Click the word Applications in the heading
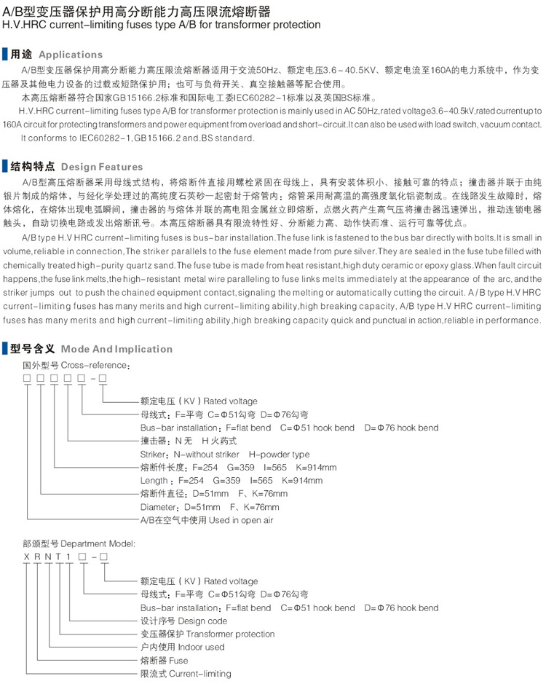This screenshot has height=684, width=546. pos(71,55)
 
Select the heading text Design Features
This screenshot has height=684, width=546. pos(97,166)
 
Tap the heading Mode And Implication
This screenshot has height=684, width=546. pos(117,349)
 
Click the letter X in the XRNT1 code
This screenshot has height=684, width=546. pos(27,557)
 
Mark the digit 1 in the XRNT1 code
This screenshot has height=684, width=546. pos(68,557)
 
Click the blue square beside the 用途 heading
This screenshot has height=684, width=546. pos(7,55)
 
